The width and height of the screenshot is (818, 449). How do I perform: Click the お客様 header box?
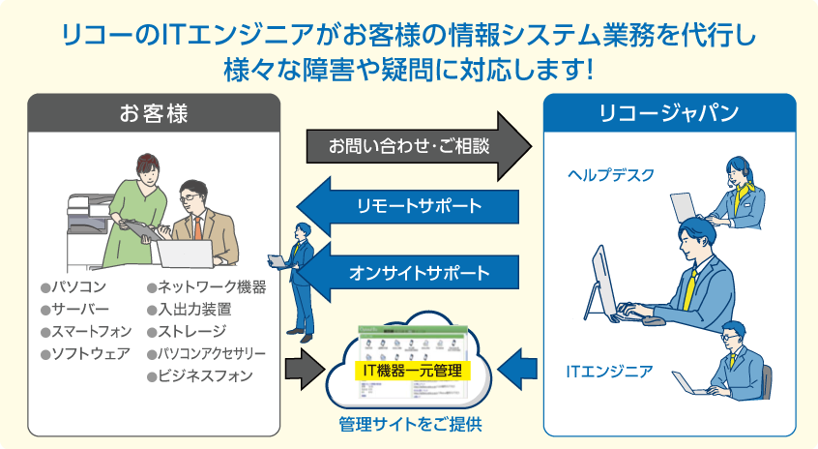tap(154, 112)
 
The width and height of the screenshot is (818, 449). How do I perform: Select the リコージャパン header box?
tap(669, 112)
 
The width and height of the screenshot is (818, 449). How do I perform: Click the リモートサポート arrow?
tap(411, 206)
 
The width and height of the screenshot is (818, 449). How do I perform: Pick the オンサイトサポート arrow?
tap(411, 272)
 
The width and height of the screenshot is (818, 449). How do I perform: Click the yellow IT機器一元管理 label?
tap(413, 370)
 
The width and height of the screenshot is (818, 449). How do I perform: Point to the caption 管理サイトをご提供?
tap(410, 424)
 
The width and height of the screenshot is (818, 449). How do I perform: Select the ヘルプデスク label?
tap(610, 174)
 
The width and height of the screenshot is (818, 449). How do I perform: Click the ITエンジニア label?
tap(609, 371)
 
